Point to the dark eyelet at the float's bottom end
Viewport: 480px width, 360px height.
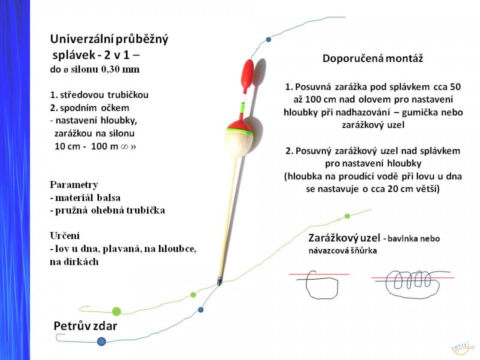point(220,281)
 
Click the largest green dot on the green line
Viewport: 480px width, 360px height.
point(116,311)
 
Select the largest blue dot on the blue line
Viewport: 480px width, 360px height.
point(101,341)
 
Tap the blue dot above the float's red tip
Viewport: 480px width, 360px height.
point(268,40)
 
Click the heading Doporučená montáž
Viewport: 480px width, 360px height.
point(373,58)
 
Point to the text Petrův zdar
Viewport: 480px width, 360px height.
point(85,326)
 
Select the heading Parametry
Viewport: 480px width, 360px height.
point(74,185)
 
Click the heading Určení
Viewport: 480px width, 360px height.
point(65,236)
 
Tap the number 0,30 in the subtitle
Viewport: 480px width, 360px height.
point(110,69)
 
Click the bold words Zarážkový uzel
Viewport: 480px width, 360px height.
point(344,238)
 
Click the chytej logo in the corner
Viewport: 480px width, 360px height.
point(463,348)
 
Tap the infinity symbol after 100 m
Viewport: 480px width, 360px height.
point(124,146)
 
